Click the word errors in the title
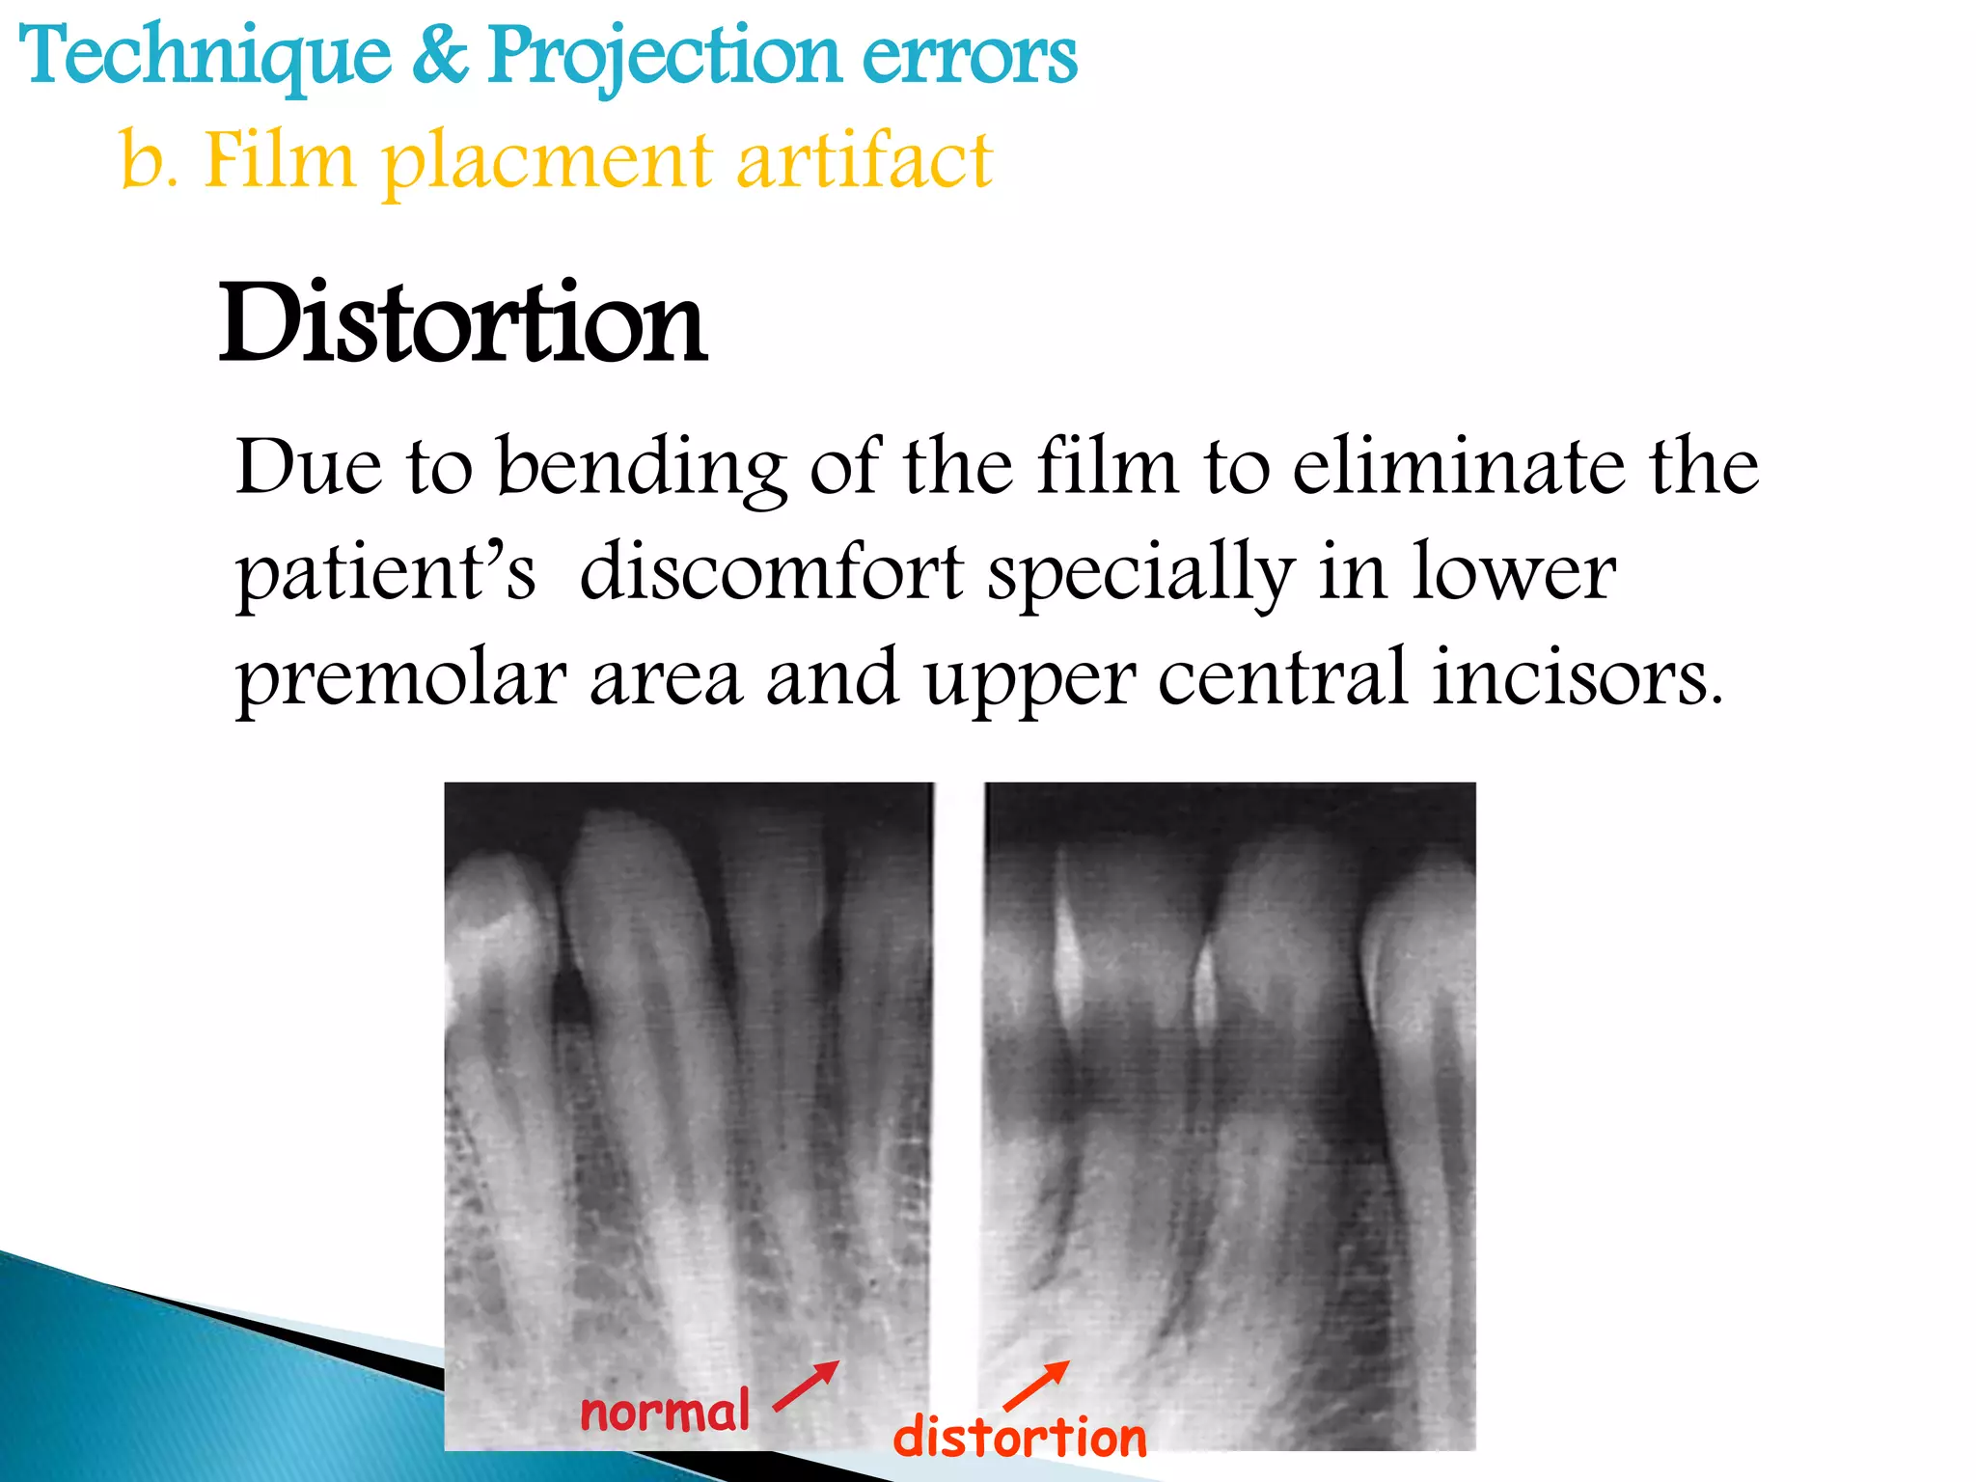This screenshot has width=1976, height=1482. [x=969, y=56]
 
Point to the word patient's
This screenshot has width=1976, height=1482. [x=385, y=574]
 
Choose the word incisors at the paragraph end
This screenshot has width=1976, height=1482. [x=1577, y=677]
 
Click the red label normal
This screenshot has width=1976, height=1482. [x=665, y=1413]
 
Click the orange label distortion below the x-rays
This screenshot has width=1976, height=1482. [x=1020, y=1438]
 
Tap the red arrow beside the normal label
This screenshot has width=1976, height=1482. [x=807, y=1386]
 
